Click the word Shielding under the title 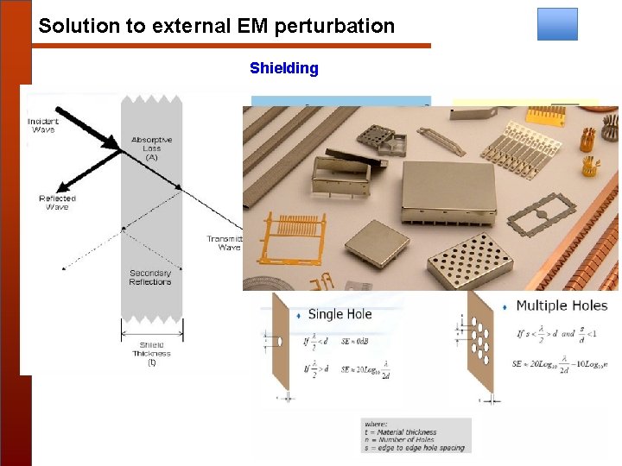tap(283, 68)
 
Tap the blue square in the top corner tap(557, 24)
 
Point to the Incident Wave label tap(42, 125)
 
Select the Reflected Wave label tap(57, 202)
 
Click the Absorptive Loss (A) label tap(151, 148)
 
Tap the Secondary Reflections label tap(150, 278)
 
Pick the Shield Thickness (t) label tap(151, 353)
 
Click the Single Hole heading tap(340, 314)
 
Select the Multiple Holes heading tap(562, 305)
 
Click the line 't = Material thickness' tap(401, 431)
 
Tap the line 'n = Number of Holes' tap(400, 440)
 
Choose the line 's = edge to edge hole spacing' tap(416, 448)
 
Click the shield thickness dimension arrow tap(151, 332)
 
